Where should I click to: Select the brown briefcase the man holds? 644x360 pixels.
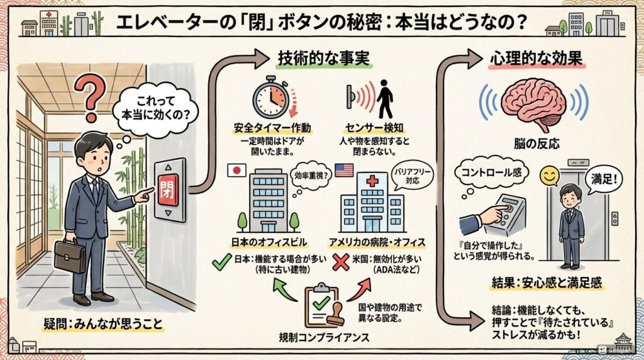(x=69, y=255)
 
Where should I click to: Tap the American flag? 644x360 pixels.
(x=344, y=170)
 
